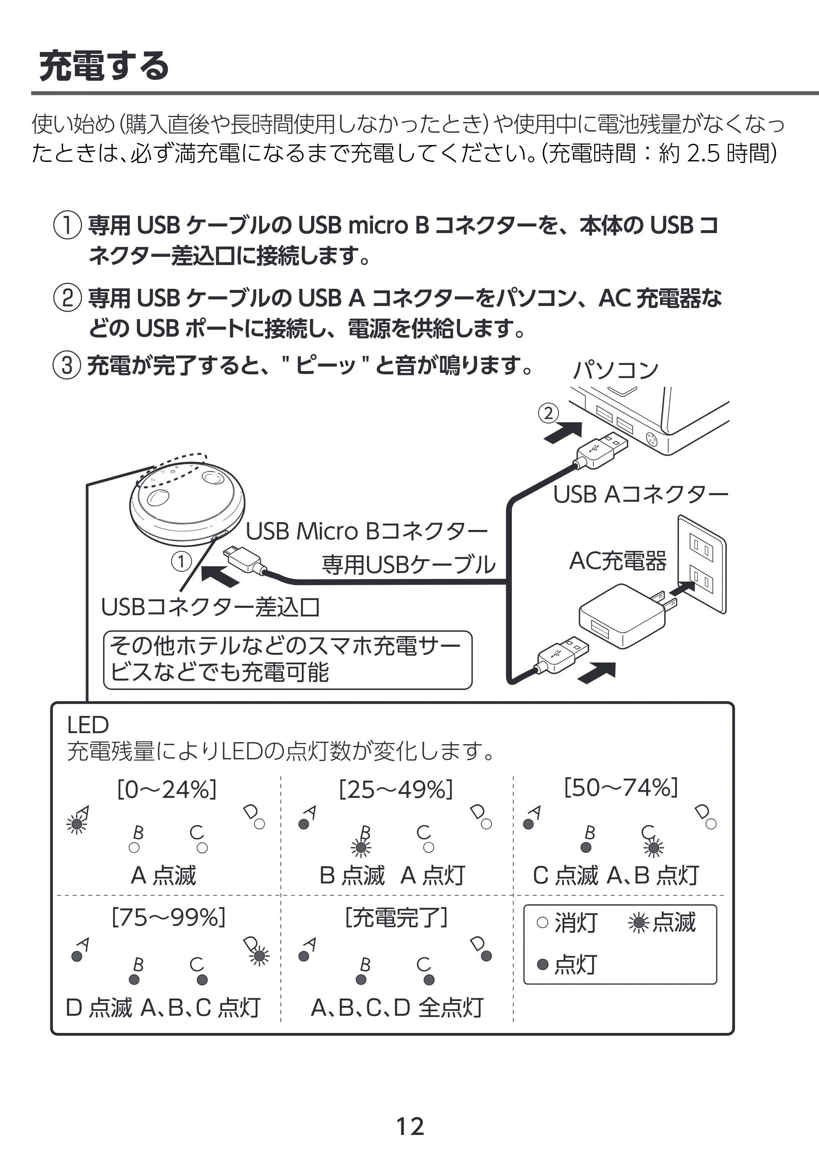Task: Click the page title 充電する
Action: tap(104, 66)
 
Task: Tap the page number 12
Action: tap(410, 1126)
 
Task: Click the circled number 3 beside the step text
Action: tap(67, 365)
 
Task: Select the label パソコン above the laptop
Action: tap(615, 371)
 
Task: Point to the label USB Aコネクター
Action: tap(640, 495)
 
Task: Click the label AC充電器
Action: tap(618, 561)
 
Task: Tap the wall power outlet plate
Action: tap(701, 564)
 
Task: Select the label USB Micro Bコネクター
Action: tap(367, 532)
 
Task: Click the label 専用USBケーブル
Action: tap(409, 564)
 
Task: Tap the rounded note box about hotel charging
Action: tap(287, 660)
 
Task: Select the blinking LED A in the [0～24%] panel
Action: tap(77, 824)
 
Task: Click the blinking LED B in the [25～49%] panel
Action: tap(361, 848)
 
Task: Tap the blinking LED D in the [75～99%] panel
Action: tap(259, 956)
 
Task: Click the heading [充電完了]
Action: tap(396, 917)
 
